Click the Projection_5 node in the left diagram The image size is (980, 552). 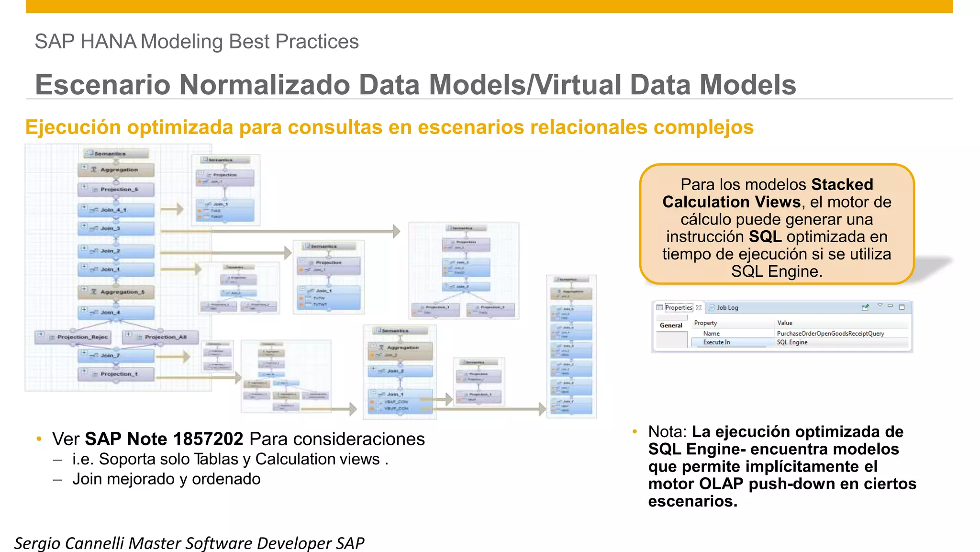coord(116,190)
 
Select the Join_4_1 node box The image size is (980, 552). coord(116,210)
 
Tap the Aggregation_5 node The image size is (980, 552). coord(116,292)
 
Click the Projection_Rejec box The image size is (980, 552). coord(74,337)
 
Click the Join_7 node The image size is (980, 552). coord(116,355)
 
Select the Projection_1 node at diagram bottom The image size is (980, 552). coord(116,374)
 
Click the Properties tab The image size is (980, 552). coord(678,307)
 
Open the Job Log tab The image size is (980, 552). coord(727,307)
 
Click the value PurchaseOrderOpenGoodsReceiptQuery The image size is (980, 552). coord(830,333)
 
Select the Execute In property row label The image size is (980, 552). coord(716,342)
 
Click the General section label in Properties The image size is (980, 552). coord(671,326)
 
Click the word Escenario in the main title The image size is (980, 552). coord(102,85)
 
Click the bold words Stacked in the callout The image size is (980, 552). coord(842,184)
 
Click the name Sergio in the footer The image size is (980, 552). coord(37,543)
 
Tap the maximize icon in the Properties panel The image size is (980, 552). coord(902,307)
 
